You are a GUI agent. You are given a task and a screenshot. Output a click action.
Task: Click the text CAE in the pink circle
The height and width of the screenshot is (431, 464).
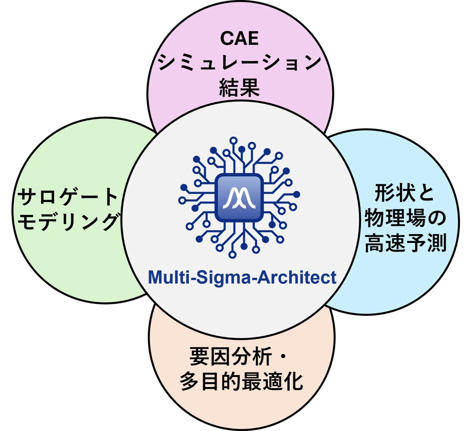point(239,38)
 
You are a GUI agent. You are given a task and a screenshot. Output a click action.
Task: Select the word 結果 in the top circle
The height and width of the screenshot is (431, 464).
point(239,87)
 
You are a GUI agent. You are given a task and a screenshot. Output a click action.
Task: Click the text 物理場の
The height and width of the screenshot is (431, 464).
point(405,218)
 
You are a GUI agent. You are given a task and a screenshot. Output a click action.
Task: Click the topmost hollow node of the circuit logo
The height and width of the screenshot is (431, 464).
point(233,140)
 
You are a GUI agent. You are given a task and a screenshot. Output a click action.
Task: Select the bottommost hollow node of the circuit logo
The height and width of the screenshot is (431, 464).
point(232,255)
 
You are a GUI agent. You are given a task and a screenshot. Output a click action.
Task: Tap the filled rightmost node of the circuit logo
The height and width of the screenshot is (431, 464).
point(297,194)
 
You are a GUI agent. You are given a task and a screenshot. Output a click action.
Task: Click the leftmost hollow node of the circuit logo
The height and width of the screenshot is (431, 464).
point(182,200)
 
